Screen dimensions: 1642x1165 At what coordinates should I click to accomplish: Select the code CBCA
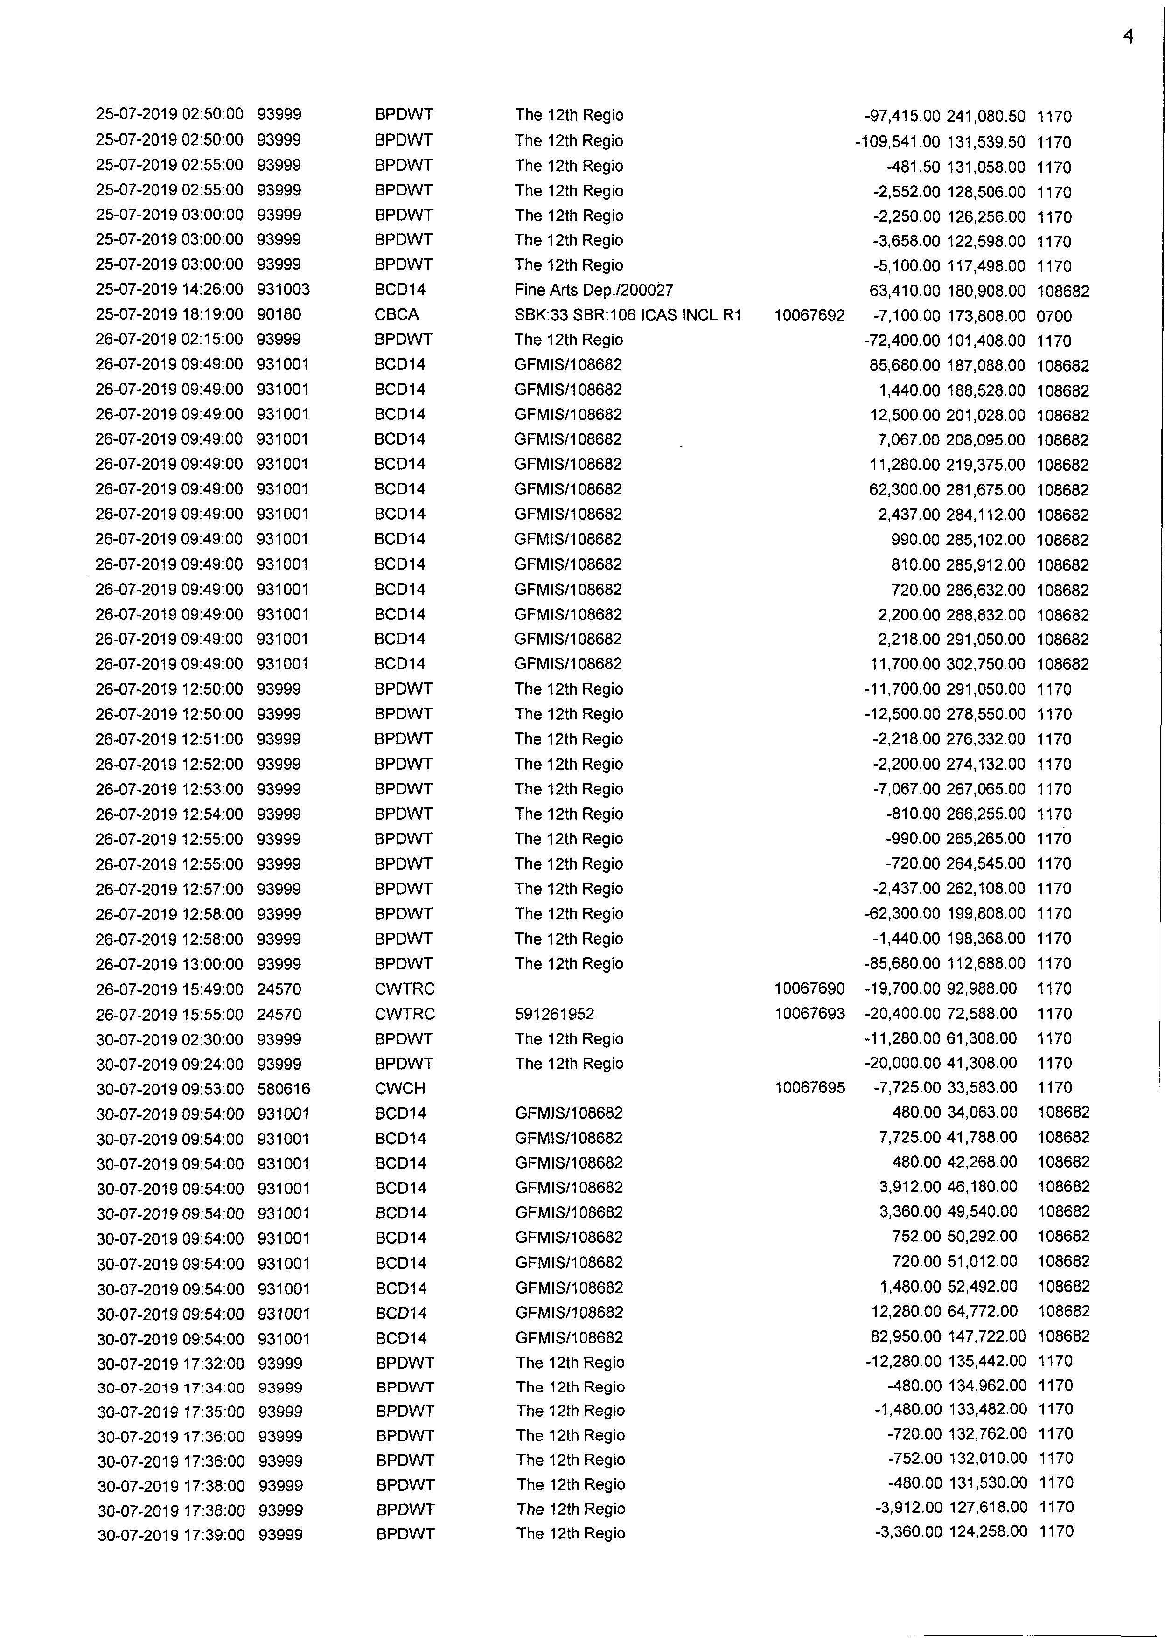point(396,315)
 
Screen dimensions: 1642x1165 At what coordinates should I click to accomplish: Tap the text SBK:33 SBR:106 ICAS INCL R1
point(627,315)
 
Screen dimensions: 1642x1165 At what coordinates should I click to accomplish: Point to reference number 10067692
point(809,315)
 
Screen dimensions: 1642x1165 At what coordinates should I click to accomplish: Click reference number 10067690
point(809,989)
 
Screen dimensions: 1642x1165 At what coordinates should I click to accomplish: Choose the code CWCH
point(399,1088)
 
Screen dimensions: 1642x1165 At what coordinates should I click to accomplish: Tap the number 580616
point(283,1088)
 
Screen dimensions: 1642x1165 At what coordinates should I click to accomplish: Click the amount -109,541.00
point(897,141)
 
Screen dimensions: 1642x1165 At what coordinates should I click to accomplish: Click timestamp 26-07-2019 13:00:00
point(169,964)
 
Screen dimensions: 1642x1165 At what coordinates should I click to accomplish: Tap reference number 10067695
point(809,1088)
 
